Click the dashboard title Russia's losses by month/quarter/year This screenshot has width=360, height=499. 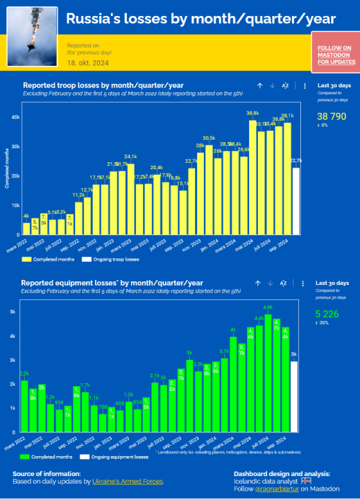(x=201, y=19)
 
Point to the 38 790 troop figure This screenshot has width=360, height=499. (x=332, y=116)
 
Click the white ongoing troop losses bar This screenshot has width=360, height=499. (x=296, y=202)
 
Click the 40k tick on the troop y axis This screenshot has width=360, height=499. (x=15, y=116)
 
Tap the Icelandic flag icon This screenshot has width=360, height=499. (x=307, y=480)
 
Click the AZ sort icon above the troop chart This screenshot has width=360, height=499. (x=284, y=86)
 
